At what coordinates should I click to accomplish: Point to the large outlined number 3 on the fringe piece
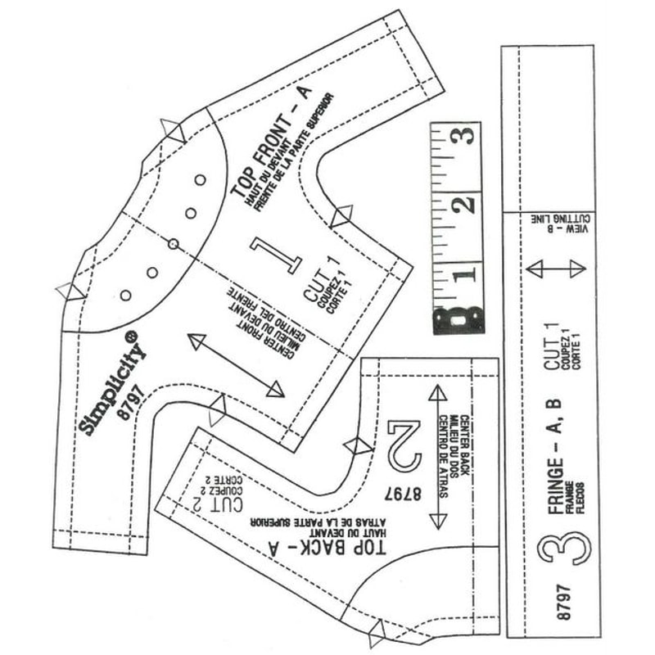click(565, 548)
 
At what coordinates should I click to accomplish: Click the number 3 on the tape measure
click(463, 136)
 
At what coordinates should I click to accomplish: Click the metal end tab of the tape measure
click(458, 318)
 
